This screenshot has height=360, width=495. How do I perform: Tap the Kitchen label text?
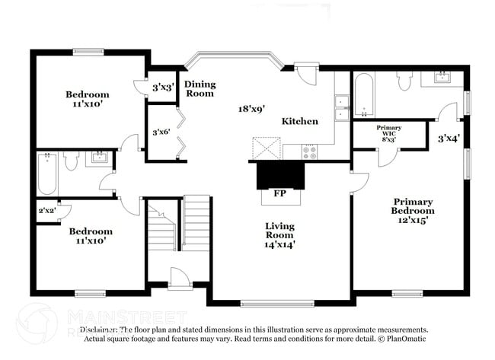(x=299, y=121)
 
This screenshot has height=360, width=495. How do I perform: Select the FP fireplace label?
(x=279, y=194)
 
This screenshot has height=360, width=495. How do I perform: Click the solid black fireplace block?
(x=279, y=175)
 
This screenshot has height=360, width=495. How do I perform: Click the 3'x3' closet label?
(x=162, y=88)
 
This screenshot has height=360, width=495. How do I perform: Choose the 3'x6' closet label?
(x=161, y=132)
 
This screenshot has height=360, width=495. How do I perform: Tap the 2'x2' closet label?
(x=47, y=210)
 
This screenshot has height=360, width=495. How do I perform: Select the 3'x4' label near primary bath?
(x=449, y=139)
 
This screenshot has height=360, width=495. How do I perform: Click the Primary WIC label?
(x=389, y=133)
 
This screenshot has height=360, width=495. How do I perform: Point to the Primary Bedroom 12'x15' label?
(x=413, y=209)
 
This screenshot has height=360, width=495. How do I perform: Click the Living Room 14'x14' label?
(x=279, y=234)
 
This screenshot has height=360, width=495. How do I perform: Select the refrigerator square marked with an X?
(x=267, y=148)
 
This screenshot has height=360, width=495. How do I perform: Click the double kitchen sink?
(x=342, y=107)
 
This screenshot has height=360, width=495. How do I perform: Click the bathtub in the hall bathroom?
(x=47, y=174)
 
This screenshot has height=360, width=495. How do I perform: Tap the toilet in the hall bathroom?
(x=72, y=160)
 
